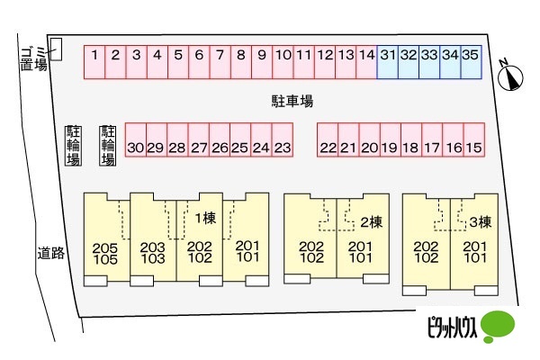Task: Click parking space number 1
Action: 94,61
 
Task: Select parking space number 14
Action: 365,61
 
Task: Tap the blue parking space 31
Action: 387,61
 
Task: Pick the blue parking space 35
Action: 471,61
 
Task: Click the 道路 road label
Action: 51,253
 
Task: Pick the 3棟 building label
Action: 479,221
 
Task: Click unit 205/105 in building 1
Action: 106,253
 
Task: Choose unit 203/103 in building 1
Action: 153,253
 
